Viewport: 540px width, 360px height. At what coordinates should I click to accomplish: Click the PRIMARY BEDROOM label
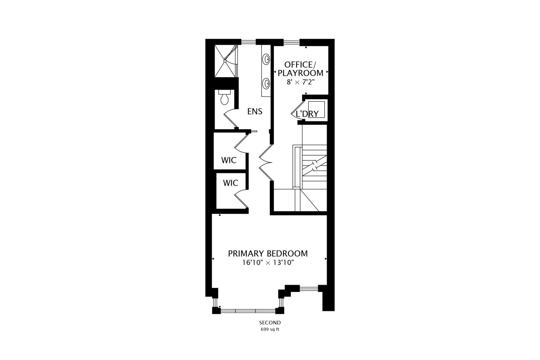[x=268, y=254]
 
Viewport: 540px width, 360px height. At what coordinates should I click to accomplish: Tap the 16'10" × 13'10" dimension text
[x=268, y=263]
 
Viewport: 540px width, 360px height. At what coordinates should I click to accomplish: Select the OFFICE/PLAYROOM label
[x=300, y=69]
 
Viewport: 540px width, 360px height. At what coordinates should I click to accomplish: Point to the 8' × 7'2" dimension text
[x=300, y=82]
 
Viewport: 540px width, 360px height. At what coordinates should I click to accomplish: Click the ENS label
[x=255, y=112]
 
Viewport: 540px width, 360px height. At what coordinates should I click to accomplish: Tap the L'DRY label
[x=307, y=114]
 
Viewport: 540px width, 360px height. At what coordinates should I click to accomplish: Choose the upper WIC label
[x=229, y=160]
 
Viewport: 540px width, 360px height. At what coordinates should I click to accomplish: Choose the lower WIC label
[x=231, y=183]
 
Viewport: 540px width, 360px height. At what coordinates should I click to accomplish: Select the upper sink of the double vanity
[x=266, y=59]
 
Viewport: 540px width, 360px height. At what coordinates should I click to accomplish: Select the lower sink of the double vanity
[x=266, y=84]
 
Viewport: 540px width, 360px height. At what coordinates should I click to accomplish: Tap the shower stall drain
[x=225, y=60]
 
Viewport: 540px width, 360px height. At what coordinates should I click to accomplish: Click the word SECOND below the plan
[x=270, y=323]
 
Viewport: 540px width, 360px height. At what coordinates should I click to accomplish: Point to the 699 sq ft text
[x=270, y=329]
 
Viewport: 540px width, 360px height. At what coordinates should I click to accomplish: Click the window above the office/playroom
[x=291, y=42]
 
